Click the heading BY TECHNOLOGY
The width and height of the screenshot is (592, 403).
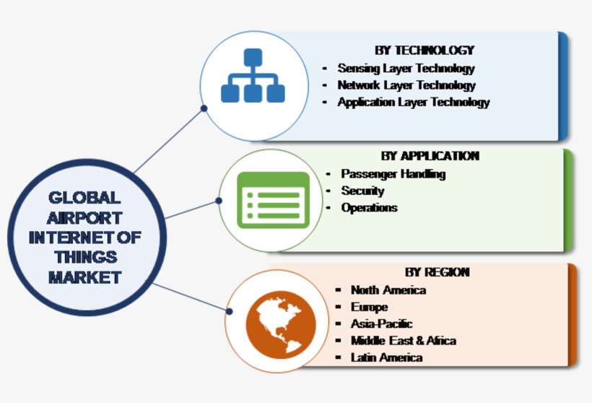(x=424, y=50)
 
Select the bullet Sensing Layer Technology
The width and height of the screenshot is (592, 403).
(x=406, y=69)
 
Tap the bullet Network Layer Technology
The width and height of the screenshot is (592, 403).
(x=406, y=85)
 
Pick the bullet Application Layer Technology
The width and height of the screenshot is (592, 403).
(x=413, y=103)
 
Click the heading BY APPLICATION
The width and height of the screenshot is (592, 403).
(x=430, y=156)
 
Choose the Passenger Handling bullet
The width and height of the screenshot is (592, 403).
(x=393, y=174)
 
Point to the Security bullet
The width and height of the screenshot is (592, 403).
(x=362, y=191)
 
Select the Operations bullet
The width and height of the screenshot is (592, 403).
(x=369, y=208)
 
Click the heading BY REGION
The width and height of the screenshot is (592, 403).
(x=437, y=272)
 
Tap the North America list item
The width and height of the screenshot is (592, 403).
(x=388, y=290)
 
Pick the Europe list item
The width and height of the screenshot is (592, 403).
(x=369, y=308)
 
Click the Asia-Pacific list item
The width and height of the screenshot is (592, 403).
(x=381, y=324)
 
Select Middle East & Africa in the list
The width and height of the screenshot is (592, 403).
(x=403, y=341)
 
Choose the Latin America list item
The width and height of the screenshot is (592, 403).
(x=386, y=357)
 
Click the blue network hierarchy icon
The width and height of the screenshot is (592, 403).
(x=253, y=76)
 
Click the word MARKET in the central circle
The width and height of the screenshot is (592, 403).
(x=85, y=277)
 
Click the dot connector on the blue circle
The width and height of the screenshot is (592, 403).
(x=204, y=108)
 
